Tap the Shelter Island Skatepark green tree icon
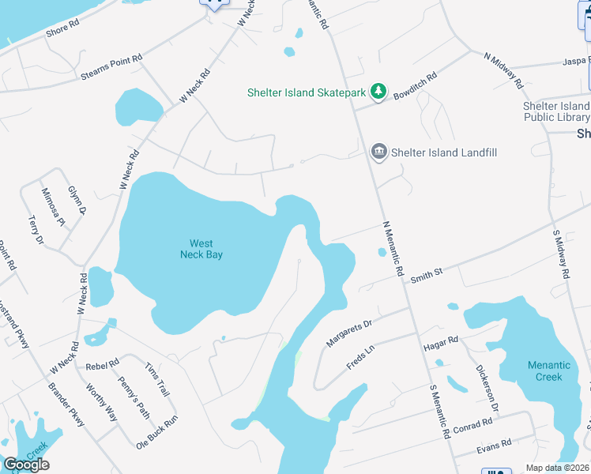(x=379, y=92)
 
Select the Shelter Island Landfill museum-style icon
(x=379, y=152)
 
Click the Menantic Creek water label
(x=549, y=371)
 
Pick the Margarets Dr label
(x=349, y=333)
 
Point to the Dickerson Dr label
(x=486, y=388)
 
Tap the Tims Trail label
(x=157, y=381)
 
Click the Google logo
(x=26, y=465)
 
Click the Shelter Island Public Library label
(x=556, y=111)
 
